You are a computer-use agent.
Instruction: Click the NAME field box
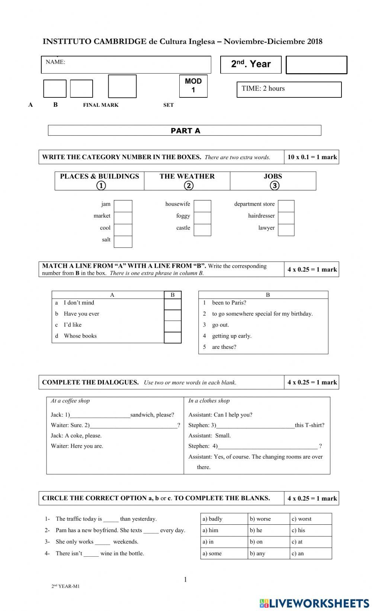click(126, 65)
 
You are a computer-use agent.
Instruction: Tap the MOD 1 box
click(193, 86)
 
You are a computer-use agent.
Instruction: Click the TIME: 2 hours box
click(289, 89)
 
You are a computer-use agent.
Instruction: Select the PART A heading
click(185, 131)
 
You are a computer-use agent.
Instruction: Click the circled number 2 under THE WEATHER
click(189, 186)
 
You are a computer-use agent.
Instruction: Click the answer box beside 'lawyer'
click(286, 230)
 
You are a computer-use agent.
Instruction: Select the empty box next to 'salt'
click(123, 242)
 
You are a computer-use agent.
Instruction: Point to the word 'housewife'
click(177, 204)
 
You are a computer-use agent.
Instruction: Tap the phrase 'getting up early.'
click(232, 336)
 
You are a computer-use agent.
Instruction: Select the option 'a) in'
click(208, 542)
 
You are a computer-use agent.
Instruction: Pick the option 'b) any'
click(257, 553)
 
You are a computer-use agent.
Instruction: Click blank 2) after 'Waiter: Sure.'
click(133, 425)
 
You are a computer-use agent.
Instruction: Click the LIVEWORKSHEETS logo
click(314, 603)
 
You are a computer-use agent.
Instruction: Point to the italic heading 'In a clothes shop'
click(209, 401)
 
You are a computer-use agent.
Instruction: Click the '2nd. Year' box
click(251, 64)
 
